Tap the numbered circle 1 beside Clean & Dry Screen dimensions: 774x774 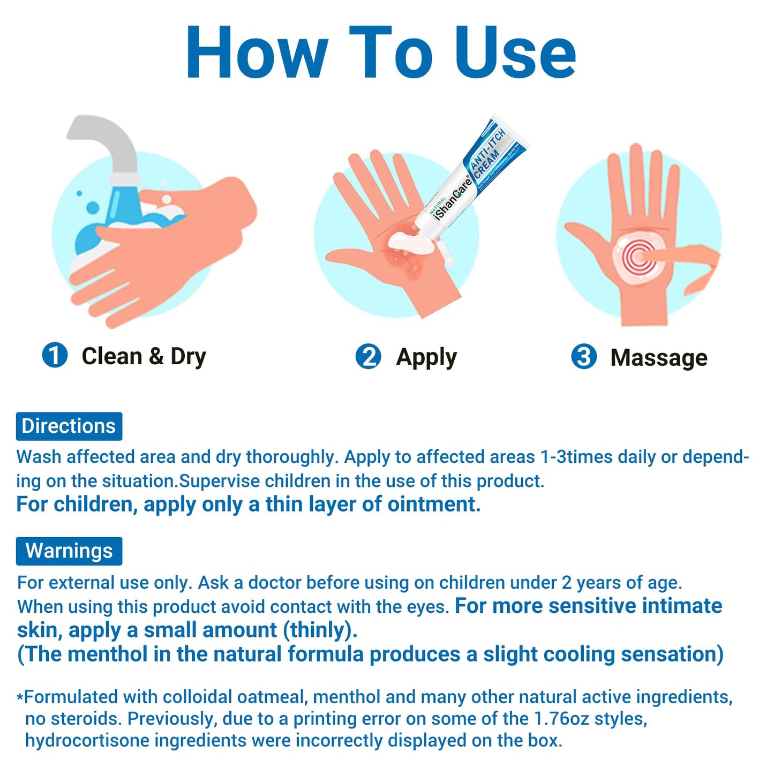tap(55, 355)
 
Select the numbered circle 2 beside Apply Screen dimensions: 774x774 tap(368, 356)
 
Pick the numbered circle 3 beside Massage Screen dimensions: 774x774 tap(584, 357)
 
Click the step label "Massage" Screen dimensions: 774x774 tap(659, 357)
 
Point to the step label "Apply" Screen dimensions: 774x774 tap(426, 357)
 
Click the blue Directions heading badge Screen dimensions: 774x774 tap(69, 426)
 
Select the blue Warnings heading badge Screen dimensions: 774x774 tap(69, 551)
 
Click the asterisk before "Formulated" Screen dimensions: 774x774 tap(20, 698)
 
